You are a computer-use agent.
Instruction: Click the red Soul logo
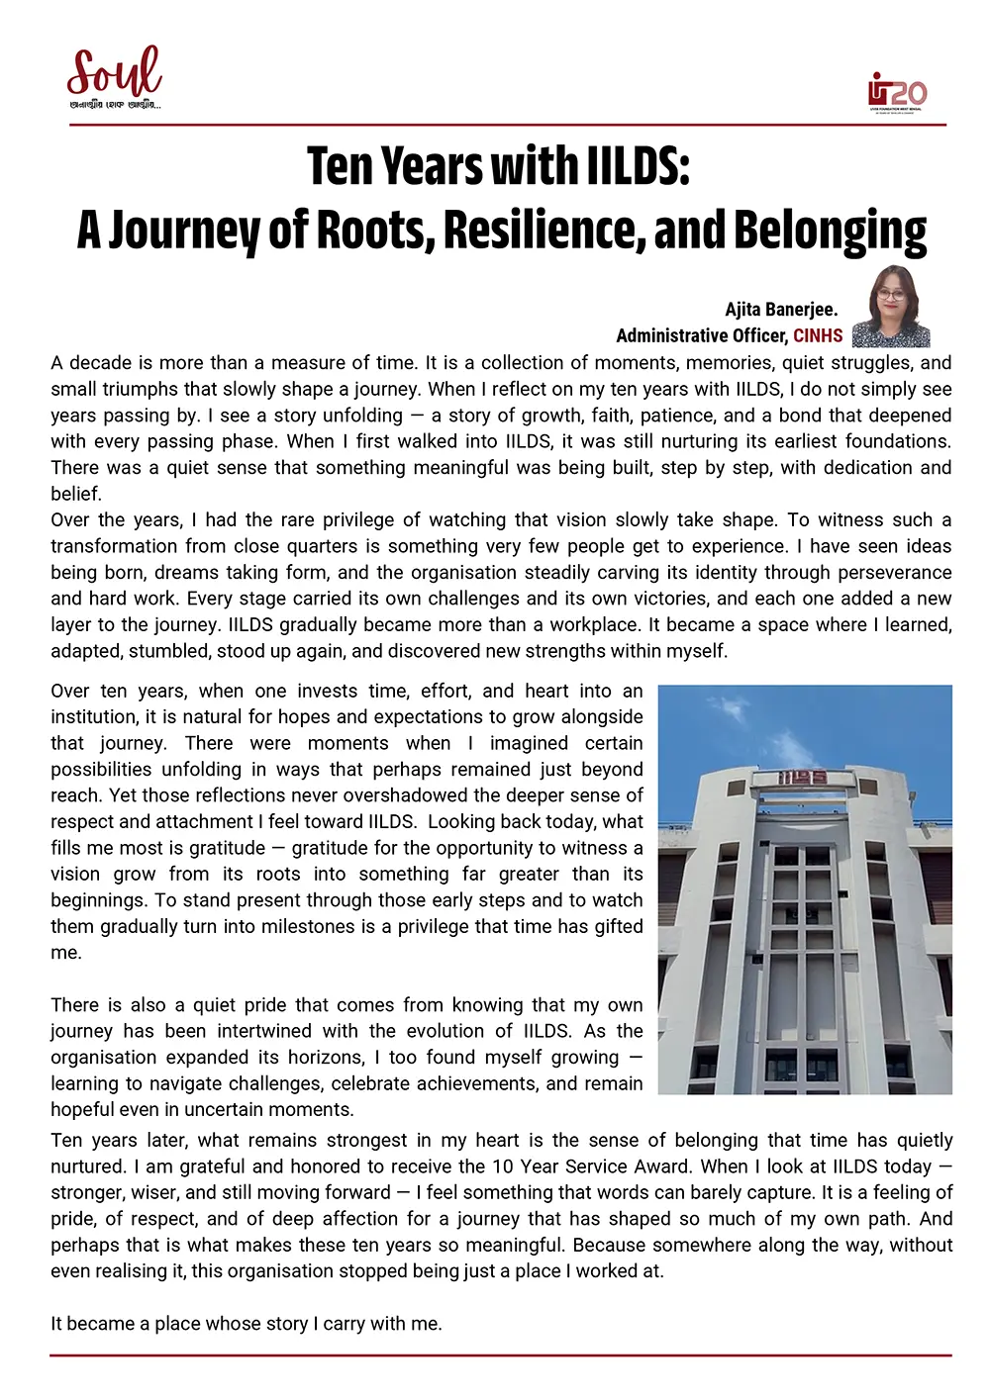114,74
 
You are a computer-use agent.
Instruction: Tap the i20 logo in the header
896,92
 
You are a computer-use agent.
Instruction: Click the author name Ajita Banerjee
781,310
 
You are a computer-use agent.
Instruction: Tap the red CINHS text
818,335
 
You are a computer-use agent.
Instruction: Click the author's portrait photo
892,307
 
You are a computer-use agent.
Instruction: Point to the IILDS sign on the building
802,778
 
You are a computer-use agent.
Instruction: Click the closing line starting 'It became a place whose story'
247,1324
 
